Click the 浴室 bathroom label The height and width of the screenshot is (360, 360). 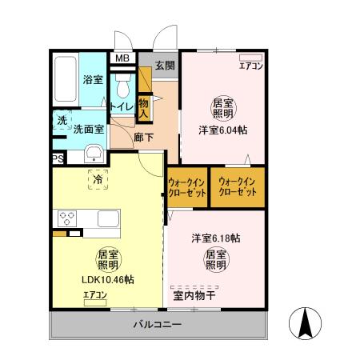92,79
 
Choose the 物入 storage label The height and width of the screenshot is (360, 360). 144,107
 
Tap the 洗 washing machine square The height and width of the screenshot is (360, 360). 62,121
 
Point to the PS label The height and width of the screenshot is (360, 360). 58,158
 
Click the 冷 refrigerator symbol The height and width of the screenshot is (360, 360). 98,181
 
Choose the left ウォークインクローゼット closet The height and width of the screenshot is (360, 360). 187,187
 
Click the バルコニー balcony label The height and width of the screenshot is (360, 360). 157,324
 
